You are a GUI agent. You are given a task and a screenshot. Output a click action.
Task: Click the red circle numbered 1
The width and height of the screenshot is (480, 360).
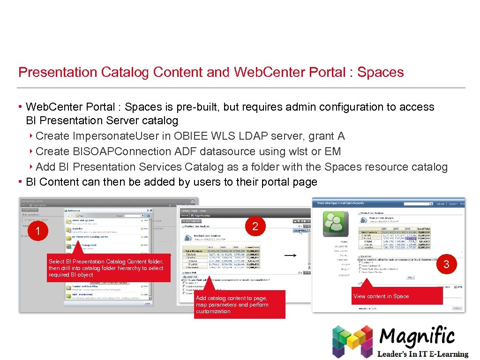tap(38, 231)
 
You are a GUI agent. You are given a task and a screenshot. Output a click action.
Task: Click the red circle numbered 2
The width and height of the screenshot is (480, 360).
tap(255, 226)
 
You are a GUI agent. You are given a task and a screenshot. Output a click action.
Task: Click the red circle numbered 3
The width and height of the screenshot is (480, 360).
tap(446, 264)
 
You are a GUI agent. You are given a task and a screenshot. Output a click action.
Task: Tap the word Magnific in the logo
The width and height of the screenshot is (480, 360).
tap(417, 337)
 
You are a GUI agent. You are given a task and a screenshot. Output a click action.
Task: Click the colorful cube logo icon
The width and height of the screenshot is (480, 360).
tap(352, 341)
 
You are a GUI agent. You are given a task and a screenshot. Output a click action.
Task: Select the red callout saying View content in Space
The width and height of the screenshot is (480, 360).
tap(397, 296)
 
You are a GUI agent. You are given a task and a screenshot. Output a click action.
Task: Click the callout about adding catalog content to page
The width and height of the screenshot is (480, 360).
tap(239, 305)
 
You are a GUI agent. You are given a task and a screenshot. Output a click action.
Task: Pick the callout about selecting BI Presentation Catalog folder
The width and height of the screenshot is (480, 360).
tap(109, 268)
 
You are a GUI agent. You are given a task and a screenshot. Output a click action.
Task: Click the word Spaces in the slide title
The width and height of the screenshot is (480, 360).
tap(380, 72)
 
